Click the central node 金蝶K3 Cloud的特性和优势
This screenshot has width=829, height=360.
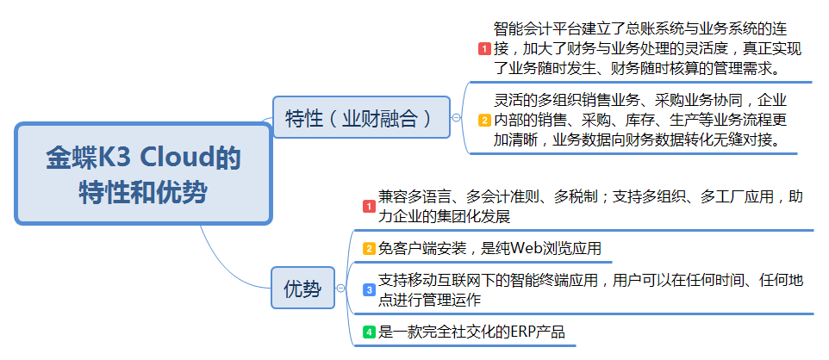[143, 174]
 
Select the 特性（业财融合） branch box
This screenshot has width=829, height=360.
[360, 117]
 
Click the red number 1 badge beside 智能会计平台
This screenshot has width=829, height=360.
[484, 49]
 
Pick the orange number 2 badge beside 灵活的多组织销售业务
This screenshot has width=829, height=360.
[484, 121]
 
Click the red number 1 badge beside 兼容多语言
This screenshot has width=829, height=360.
[368, 207]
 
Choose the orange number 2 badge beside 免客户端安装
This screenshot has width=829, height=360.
[368, 249]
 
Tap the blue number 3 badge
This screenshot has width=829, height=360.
[368, 290]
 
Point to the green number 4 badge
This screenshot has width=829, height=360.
[368, 332]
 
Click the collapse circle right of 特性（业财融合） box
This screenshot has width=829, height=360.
[455, 117]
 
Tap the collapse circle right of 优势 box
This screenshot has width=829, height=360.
[340, 289]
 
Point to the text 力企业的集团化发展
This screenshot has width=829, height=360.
[444, 216]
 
